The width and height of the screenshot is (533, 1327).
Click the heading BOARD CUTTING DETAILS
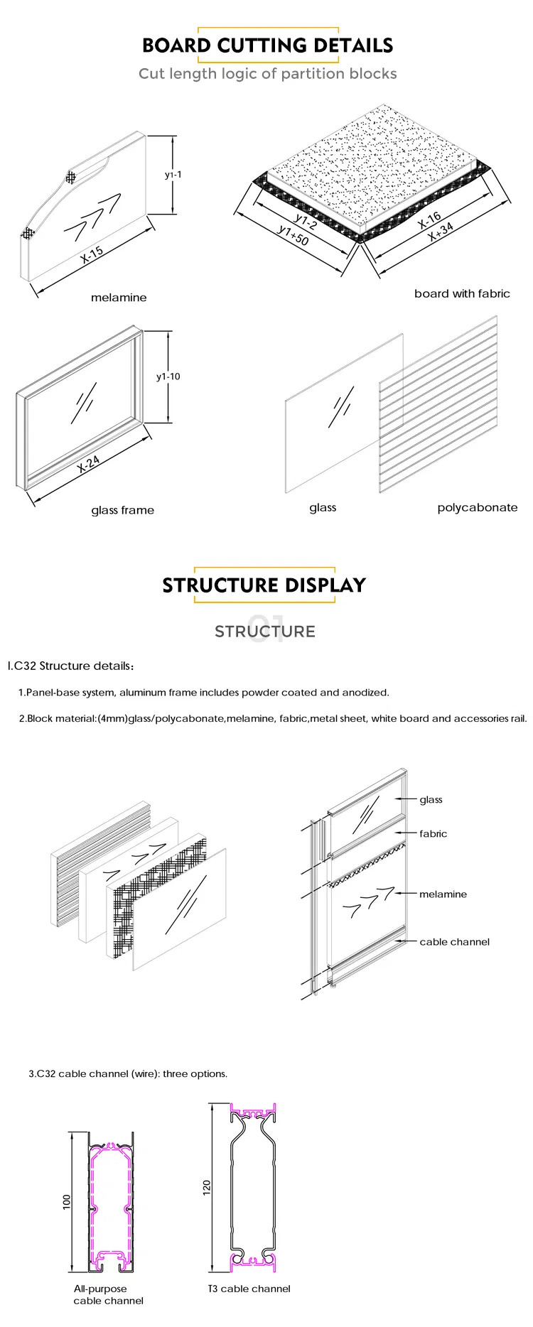(x=267, y=45)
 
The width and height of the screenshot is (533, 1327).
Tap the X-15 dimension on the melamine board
(x=92, y=255)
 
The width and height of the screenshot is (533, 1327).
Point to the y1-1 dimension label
(x=173, y=174)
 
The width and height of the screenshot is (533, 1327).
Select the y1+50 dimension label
(x=293, y=235)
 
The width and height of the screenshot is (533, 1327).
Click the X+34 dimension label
(x=441, y=232)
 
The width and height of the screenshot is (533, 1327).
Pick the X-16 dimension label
(x=429, y=220)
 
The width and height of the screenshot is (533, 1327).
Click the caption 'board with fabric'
(x=462, y=293)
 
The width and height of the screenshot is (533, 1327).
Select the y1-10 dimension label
(x=168, y=377)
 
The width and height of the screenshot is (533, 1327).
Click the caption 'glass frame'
(x=122, y=510)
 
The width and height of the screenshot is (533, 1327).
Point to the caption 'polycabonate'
(x=477, y=507)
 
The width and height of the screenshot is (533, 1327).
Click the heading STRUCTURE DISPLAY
(x=264, y=585)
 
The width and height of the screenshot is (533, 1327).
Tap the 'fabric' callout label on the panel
(x=433, y=834)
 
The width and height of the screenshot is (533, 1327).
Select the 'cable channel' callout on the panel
(x=454, y=942)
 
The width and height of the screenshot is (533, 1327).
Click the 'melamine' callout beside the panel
(x=443, y=894)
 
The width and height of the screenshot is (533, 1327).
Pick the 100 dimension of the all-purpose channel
(x=67, y=1201)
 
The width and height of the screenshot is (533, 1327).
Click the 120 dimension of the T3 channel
(x=207, y=1186)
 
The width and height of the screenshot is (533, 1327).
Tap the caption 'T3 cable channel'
(x=249, y=1289)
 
